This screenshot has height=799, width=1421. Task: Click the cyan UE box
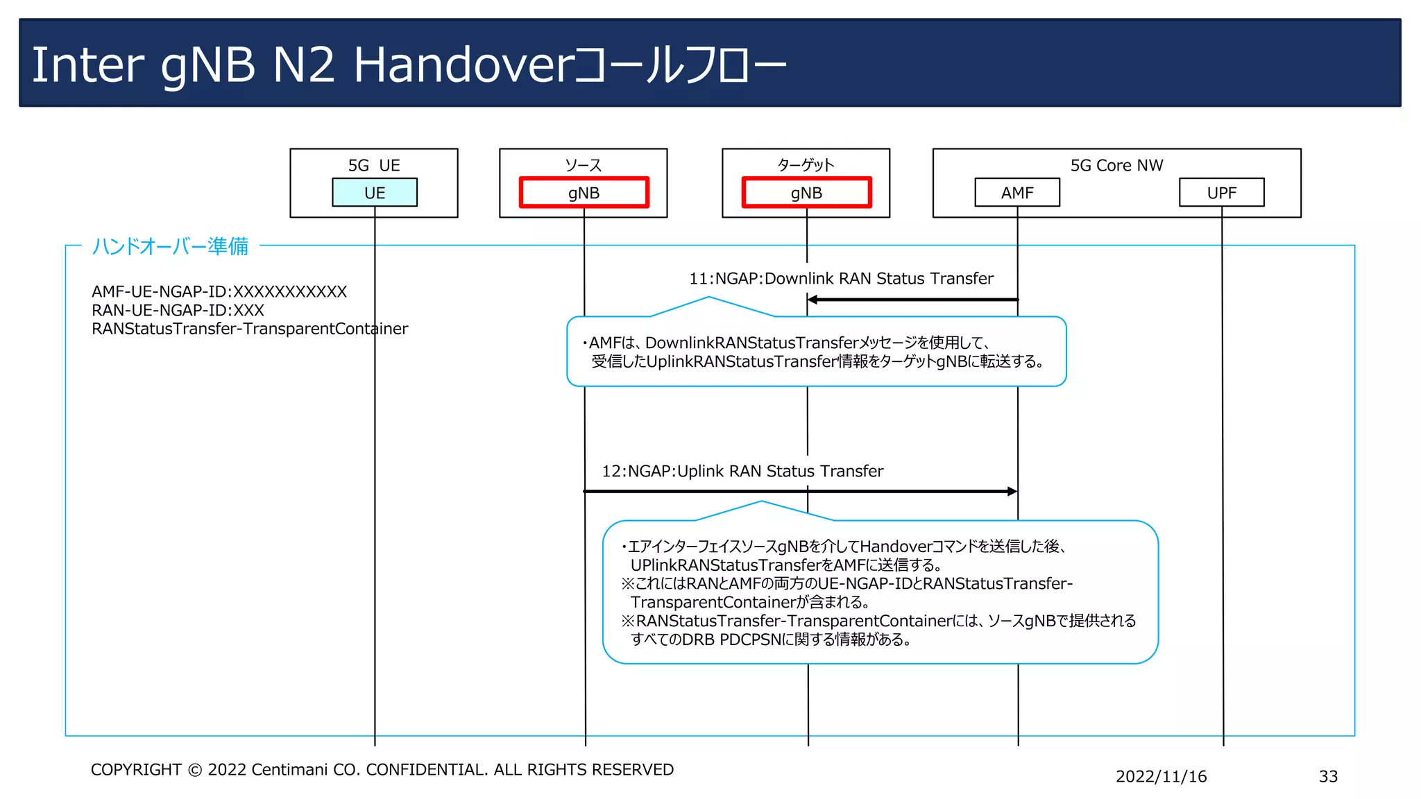(x=375, y=193)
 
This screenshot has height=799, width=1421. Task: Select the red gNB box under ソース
(x=584, y=193)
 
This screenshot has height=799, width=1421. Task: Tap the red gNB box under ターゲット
(x=806, y=193)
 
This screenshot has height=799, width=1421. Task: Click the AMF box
(x=1017, y=193)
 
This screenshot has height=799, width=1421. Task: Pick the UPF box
(x=1221, y=193)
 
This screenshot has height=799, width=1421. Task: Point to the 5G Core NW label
(x=1116, y=165)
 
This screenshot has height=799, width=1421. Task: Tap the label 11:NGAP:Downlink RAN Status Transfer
(x=841, y=279)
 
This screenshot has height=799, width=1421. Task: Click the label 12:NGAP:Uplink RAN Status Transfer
(x=742, y=472)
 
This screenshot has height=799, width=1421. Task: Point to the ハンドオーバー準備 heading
(x=170, y=246)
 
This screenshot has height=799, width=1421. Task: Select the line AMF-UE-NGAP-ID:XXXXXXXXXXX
(x=219, y=291)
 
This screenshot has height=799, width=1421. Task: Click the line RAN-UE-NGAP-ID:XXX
(x=178, y=310)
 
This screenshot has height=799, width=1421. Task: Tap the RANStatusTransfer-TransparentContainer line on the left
(x=250, y=329)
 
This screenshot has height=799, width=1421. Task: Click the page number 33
(x=1328, y=776)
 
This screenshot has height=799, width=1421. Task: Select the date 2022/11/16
(x=1161, y=776)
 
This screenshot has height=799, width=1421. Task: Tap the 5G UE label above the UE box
(x=374, y=165)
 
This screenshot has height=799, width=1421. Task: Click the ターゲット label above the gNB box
(x=806, y=165)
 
